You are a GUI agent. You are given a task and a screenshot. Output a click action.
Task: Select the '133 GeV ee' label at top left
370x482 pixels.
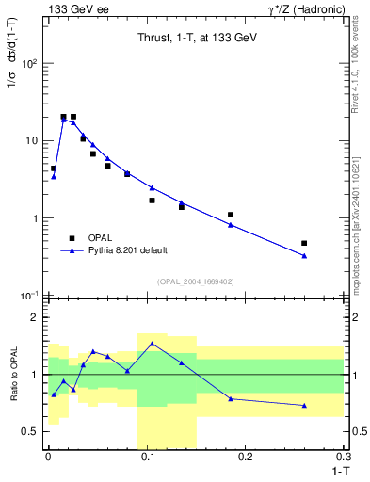(x=73, y=8)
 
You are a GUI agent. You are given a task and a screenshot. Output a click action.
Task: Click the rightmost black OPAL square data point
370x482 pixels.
(x=304, y=243)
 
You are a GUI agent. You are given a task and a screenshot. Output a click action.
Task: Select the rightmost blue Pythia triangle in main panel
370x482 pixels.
(x=304, y=255)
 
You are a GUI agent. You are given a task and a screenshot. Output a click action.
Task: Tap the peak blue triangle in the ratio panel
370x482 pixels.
(x=152, y=344)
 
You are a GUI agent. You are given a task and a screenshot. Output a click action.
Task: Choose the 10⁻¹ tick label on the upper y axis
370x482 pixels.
(x=29, y=295)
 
